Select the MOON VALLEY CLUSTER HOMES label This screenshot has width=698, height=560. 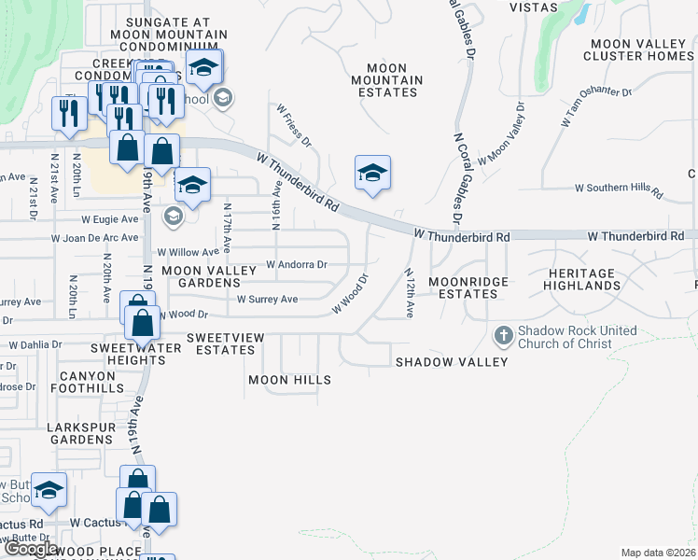[638, 49]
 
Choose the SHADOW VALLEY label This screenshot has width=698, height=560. [452, 362]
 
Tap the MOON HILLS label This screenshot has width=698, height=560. [289, 381]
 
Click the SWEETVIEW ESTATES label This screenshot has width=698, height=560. [220, 343]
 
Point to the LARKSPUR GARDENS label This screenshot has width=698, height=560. [81, 433]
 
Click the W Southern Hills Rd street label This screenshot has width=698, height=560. [618, 189]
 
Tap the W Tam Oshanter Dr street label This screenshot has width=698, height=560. [596, 108]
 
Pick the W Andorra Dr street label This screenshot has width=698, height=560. [296, 264]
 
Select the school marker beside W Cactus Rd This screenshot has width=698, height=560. [49, 490]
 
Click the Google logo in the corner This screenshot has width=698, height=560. [31, 550]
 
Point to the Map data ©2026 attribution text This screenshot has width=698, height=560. [657, 553]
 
